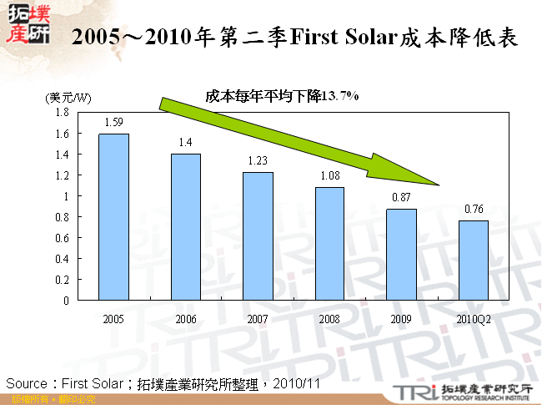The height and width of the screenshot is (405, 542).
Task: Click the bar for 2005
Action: click(114, 217)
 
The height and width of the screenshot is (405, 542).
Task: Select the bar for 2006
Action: click(186, 227)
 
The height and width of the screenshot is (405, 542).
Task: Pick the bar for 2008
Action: click(329, 244)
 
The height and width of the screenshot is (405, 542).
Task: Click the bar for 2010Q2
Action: click(474, 261)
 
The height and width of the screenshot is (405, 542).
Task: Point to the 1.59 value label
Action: click(114, 122)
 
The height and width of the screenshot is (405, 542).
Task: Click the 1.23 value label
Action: click(258, 160)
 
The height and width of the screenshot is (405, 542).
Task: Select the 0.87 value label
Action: click(401, 198)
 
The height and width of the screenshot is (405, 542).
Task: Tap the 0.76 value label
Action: click(474, 209)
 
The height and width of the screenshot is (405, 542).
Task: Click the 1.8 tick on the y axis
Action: click(62, 113)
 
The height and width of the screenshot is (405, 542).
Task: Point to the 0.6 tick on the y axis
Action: click(62, 238)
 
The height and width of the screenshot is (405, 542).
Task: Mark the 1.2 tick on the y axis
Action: click(62, 175)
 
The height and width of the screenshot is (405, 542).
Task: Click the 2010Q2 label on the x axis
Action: click(474, 319)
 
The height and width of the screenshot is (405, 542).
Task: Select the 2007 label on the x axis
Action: click(258, 319)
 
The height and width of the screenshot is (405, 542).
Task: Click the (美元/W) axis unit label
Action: click(68, 98)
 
